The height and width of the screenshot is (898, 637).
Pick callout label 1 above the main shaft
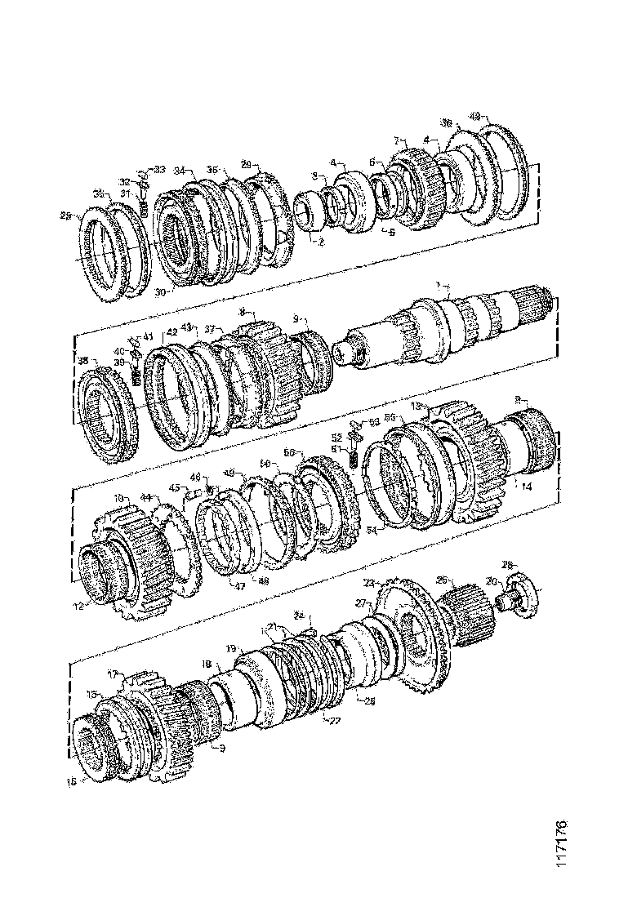(439, 284)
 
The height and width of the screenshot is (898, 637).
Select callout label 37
(210, 329)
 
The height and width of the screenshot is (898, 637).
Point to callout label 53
(374, 422)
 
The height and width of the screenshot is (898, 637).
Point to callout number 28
(506, 564)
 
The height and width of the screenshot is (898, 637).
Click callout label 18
(206, 665)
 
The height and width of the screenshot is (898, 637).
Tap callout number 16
(71, 781)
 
